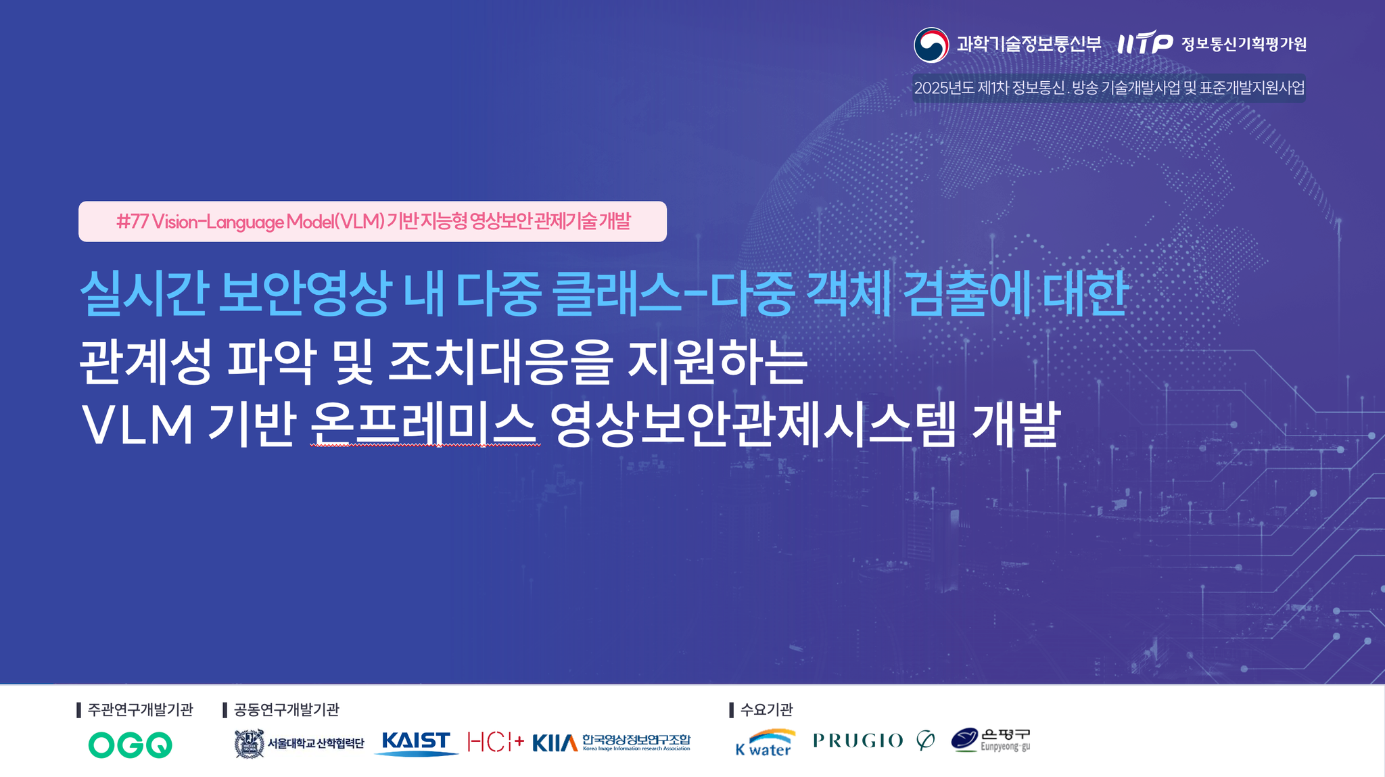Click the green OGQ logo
point(130,745)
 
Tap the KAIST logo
point(416,743)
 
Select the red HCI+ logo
point(496,742)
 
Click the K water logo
point(766,743)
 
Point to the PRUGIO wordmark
point(858,741)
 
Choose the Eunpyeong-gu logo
point(991,740)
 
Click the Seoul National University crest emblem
point(249,744)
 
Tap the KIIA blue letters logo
point(555,743)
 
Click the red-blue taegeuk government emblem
point(931,45)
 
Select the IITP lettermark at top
point(1145,43)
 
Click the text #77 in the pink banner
point(132,221)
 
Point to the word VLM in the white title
point(137,425)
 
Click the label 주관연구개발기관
point(140,709)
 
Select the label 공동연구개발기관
point(286,709)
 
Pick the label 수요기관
point(766,709)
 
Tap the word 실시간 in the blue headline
point(143,293)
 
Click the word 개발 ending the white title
point(1016,424)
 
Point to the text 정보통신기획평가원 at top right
point(1244,44)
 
